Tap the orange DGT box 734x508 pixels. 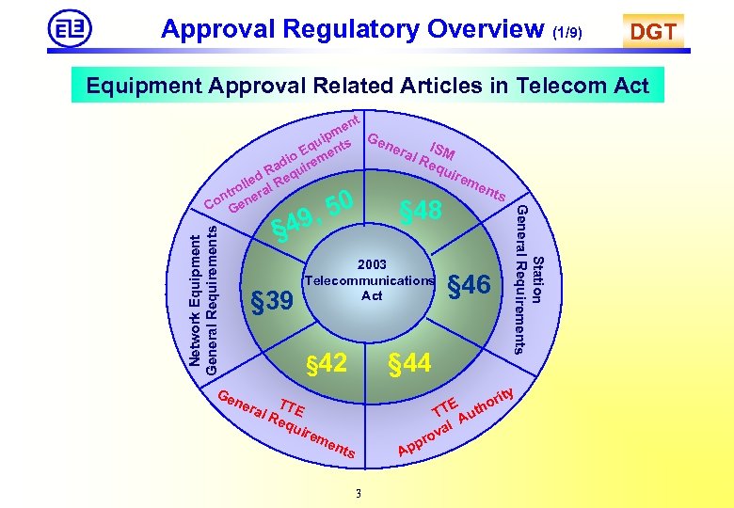pyautogui.click(x=652, y=32)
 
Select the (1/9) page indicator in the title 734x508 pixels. pyautogui.click(x=566, y=34)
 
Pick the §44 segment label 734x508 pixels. pyautogui.click(x=410, y=362)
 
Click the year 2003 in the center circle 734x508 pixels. pyautogui.click(x=371, y=265)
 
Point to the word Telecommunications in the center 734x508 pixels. pyautogui.click(x=371, y=280)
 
